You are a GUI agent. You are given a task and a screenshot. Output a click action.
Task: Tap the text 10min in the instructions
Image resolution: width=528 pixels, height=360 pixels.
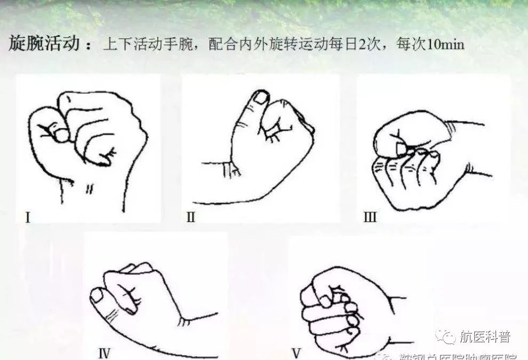pos(445,44)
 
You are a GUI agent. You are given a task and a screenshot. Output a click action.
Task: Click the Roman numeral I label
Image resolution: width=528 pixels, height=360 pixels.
pos(27,218)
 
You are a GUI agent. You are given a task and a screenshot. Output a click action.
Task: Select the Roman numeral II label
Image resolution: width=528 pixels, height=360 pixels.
pos(191,218)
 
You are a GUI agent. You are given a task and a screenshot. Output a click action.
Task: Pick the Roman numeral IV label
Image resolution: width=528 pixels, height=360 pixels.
pos(104,352)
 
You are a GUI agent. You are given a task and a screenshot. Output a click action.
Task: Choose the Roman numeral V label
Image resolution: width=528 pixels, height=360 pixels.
pos(297,352)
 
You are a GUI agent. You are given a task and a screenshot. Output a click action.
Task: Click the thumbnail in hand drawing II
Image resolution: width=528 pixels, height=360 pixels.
pos(261,97)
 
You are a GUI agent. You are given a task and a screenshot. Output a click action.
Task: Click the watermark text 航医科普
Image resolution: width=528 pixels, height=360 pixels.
pos(484,337)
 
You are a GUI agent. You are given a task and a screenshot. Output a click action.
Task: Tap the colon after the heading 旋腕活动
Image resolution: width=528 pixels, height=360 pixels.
pos(89,45)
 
